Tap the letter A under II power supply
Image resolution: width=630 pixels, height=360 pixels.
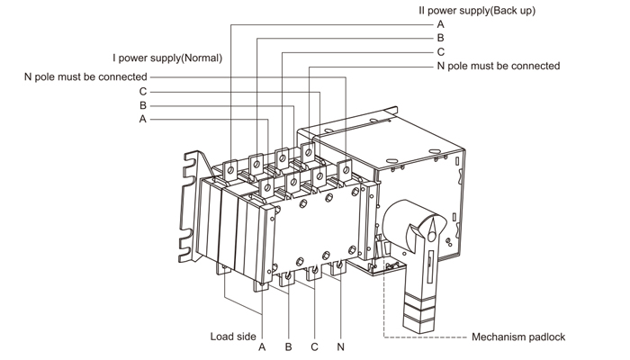(440, 24)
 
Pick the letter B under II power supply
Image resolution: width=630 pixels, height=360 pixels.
(440, 39)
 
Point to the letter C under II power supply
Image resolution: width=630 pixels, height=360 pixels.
(440, 52)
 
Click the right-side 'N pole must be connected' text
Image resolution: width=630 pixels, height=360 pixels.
(498, 66)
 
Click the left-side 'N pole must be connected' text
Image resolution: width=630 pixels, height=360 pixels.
(85, 77)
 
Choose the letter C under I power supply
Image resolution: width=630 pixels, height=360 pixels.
(143, 92)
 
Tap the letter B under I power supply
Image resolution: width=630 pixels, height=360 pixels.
(143, 105)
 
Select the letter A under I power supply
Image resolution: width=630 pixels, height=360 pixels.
(143, 119)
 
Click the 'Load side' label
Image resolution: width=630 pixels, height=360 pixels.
(233, 337)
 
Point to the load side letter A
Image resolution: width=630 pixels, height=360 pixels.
(262, 346)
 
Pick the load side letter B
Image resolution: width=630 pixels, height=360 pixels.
(288, 346)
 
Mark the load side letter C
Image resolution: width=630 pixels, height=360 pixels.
(314, 346)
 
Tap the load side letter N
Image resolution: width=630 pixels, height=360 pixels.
(340, 346)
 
